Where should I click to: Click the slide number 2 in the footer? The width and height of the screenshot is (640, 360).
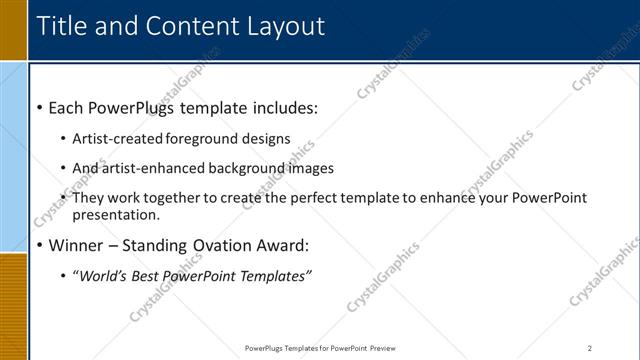(x=590, y=348)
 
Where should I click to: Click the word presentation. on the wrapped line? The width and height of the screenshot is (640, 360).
(x=115, y=214)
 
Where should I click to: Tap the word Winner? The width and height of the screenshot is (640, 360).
(x=76, y=245)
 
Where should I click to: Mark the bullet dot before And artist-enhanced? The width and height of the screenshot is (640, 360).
(x=64, y=169)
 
